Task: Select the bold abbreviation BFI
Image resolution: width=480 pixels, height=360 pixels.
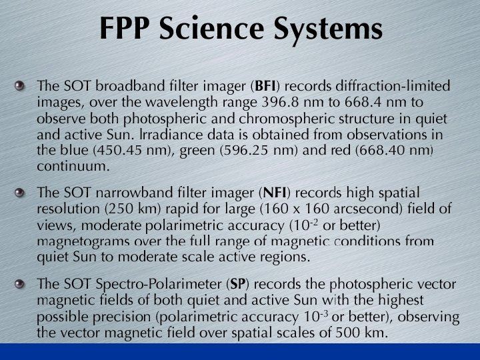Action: (266, 87)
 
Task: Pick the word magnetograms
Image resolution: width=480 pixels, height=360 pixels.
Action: (80, 241)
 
